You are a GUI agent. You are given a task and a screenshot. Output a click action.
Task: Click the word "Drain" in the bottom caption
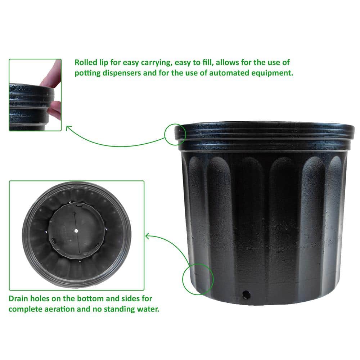pyautogui.click(x=19, y=298)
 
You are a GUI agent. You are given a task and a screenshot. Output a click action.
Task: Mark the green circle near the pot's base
pyautogui.click(x=198, y=279)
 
